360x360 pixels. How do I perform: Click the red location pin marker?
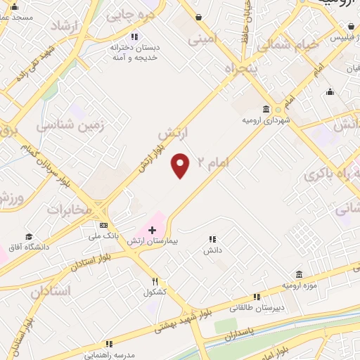tap(181, 166)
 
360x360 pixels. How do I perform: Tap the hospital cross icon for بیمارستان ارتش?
tap(152, 230)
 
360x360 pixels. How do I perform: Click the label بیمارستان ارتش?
tap(152, 241)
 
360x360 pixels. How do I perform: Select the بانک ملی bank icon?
tap(104, 225)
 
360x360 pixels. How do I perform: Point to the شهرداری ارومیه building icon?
tap(266, 109)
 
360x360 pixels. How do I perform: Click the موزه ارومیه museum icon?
tap(300, 274)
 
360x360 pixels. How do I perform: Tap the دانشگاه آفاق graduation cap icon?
tap(29, 237)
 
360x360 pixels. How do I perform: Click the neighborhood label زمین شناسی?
tap(70, 127)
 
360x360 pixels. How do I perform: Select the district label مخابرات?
tap(74, 210)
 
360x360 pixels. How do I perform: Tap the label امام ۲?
tap(214, 162)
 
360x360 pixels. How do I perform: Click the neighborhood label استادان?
tap(51, 291)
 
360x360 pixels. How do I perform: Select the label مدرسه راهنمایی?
tap(109, 354)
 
